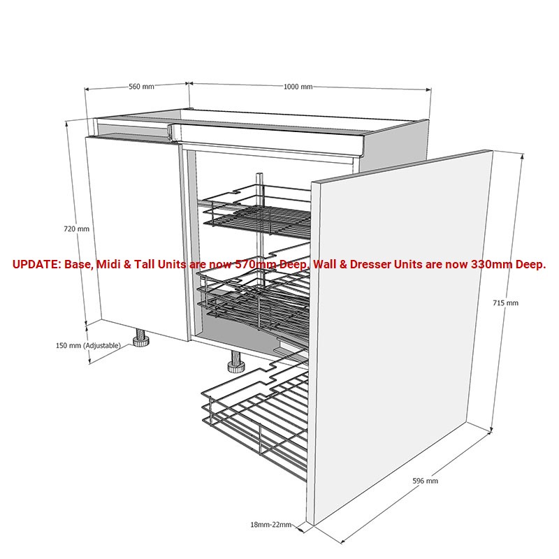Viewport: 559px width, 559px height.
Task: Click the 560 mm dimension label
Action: coord(142,86)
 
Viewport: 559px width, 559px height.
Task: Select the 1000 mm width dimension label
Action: coord(298,87)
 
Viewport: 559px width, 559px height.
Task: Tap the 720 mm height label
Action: coord(76,229)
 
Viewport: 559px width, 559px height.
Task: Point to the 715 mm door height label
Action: coord(505,303)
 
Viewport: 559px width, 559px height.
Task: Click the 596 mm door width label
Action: coord(426,481)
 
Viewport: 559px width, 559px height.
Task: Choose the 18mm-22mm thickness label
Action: coord(271,525)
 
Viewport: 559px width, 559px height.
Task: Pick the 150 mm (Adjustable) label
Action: coord(88,345)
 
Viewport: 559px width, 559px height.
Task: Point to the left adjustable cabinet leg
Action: coord(141,337)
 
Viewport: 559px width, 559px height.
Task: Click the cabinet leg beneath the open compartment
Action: coord(235,362)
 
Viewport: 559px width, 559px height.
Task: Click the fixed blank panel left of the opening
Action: coord(137,237)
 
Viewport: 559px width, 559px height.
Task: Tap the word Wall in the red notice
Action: coord(326,264)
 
